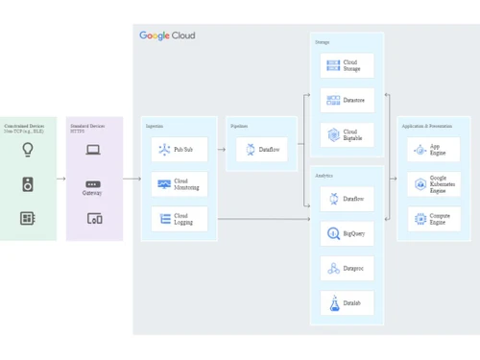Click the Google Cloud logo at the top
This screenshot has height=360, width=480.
(x=167, y=36)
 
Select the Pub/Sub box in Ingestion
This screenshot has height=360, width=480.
(x=180, y=150)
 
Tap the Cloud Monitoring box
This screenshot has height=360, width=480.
(x=180, y=184)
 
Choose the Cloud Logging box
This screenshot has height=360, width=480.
(x=180, y=219)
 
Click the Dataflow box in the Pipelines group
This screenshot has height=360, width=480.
(x=261, y=150)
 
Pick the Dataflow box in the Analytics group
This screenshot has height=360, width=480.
(x=347, y=199)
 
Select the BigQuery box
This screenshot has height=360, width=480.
(x=347, y=233)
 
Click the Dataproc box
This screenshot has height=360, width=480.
(x=347, y=268)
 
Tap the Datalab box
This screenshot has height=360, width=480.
(x=347, y=303)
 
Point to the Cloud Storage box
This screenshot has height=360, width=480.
(x=347, y=65)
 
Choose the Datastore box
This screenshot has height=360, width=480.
(x=347, y=100)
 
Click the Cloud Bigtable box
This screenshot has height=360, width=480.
(x=347, y=135)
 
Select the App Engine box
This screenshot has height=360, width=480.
(x=434, y=150)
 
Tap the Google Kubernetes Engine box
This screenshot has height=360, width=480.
(x=434, y=184)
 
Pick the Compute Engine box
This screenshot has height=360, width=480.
(x=434, y=219)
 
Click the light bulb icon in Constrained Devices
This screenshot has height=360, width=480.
(x=28, y=149)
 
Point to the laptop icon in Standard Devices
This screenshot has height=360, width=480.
(x=93, y=150)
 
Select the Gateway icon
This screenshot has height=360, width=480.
(x=93, y=184)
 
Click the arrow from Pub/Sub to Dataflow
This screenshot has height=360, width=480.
(x=221, y=150)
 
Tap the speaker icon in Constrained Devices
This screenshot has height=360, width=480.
(x=28, y=184)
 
